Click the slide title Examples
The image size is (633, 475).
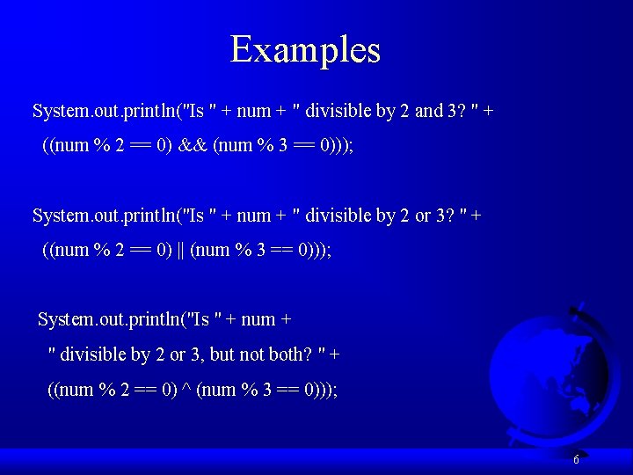[305, 49]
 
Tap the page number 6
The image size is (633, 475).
[576, 459]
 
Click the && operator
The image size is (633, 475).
[192, 145]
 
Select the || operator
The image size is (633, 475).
[180, 250]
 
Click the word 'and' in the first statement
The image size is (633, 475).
[429, 111]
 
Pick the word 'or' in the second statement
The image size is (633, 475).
[423, 216]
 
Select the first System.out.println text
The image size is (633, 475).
[104, 111]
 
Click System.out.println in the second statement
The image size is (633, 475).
[104, 216]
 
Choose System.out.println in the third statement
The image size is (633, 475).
[109, 319]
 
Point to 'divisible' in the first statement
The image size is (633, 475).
[338, 111]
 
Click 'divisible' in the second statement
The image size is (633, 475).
[338, 216]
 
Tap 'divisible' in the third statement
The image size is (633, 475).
[92, 354]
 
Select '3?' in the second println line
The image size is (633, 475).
[446, 216]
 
